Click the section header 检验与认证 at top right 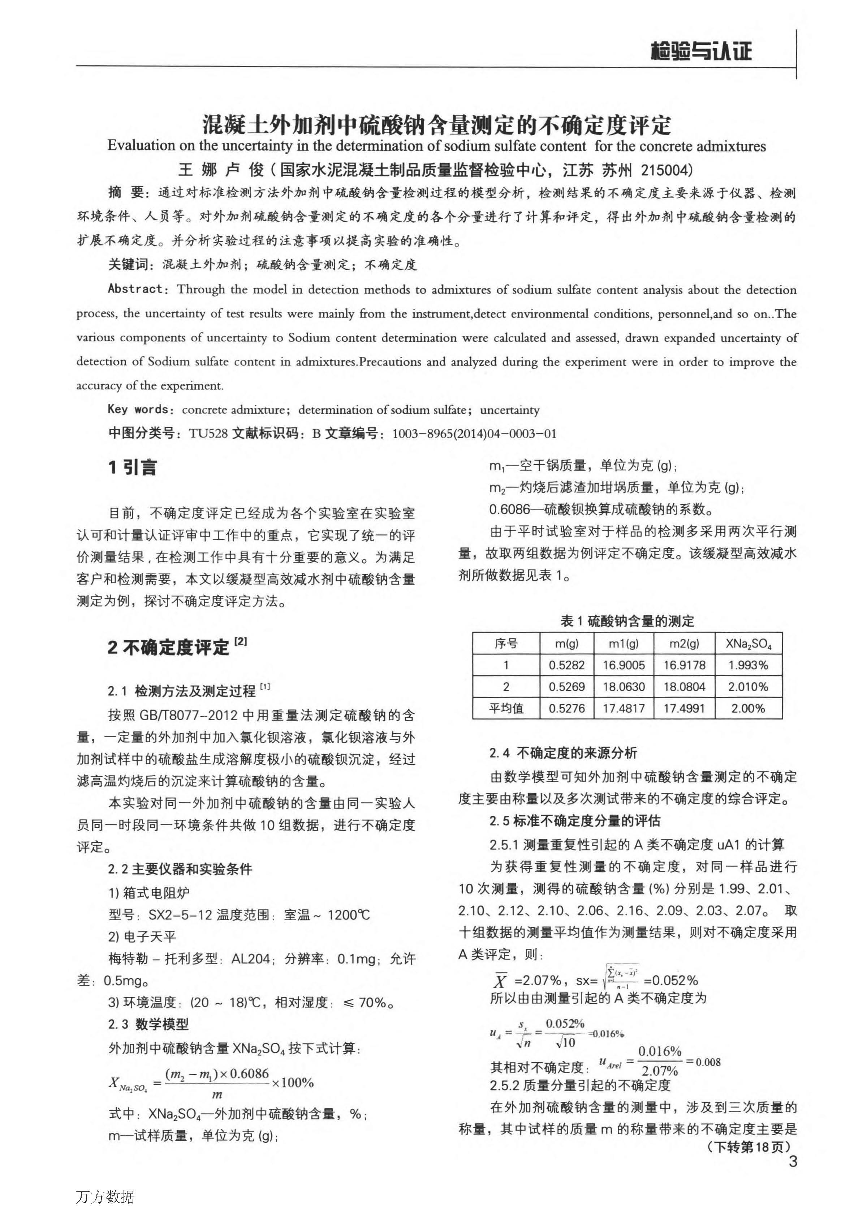pyautogui.click(x=700, y=52)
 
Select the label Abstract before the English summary pyautogui.click(x=135, y=289)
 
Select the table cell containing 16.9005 pyautogui.click(x=624, y=665)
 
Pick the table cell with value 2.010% pyautogui.click(x=748, y=687)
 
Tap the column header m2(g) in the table pyautogui.click(x=685, y=644)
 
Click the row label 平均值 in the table pyautogui.click(x=506, y=708)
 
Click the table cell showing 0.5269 pyautogui.click(x=566, y=687)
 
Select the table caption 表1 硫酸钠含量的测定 pyautogui.click(x=627, y=621)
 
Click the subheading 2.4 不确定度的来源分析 pyautogui.click(x=563, y=753)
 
